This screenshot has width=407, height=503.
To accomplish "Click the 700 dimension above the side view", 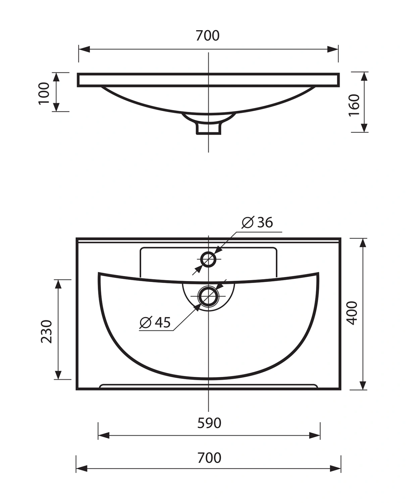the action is coord(208,36).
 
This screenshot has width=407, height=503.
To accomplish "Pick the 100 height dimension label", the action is coord(44,93).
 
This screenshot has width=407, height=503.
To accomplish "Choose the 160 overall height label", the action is coord(354,105).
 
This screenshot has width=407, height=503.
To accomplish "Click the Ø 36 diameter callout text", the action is coord(257,222).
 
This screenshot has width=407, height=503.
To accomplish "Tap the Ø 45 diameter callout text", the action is coord(155,322).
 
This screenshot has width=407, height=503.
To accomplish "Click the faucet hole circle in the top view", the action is coord(208,260).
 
